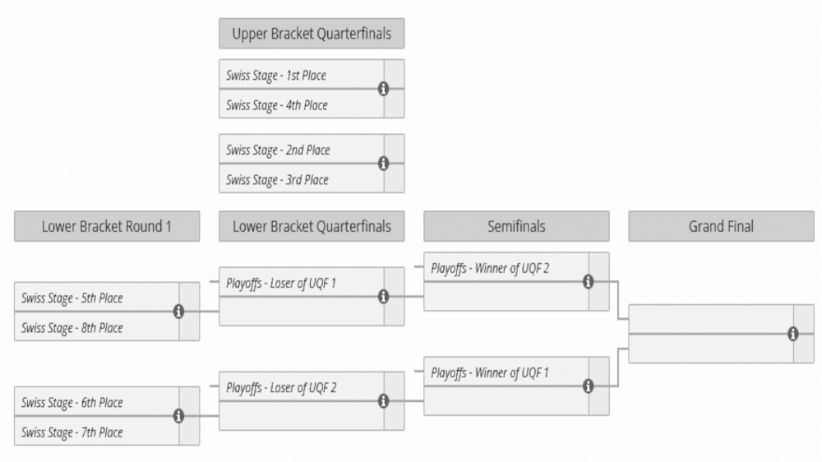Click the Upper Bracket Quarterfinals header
(312, 34)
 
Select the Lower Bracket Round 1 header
(107, 227)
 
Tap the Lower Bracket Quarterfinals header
(312, 227)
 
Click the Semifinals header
(516, 227)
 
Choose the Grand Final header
(722, 227)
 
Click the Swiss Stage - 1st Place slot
(302, 74)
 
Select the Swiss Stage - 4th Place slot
(302, 104)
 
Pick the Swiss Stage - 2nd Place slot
(302, 149)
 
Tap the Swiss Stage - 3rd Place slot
(302, 179)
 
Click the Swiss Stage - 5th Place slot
(96, 297)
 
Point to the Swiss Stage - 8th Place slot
(96, 326)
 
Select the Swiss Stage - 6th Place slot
(96, 402)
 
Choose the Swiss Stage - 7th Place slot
(96, 432)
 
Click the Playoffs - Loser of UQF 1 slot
(302, 282)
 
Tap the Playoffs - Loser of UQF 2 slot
(302, 386)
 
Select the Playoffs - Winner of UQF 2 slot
(506, 267)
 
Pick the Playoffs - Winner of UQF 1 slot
(506, 372)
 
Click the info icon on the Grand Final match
(792, 334)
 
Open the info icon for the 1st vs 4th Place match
(383, 89)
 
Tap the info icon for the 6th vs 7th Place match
(178, 416)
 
